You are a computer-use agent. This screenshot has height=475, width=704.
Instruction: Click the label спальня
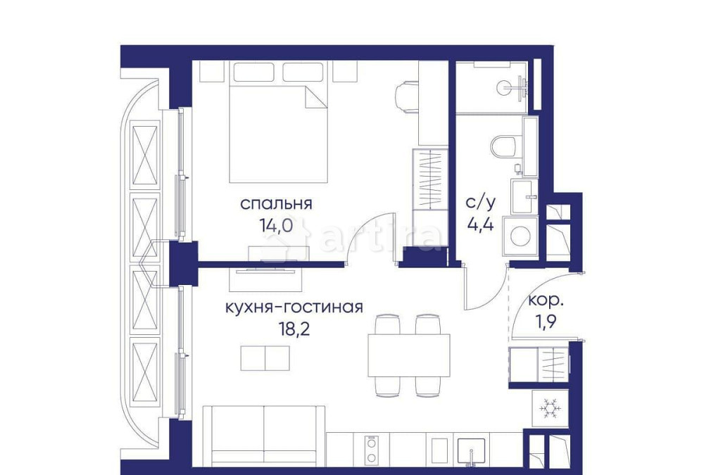[x=276, y=204]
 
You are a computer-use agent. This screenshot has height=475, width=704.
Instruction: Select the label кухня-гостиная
[x=294, y=307]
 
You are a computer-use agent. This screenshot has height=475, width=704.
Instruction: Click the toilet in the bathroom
[x=504, y=146]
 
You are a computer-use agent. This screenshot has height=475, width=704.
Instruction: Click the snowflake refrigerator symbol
[x=549, y=409]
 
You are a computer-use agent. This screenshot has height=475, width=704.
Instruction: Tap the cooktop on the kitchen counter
[x=372, y=448]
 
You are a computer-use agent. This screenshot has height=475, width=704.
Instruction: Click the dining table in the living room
[x=408, y=356]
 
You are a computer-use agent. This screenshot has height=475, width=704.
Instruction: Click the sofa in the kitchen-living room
[x=264, y=434]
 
